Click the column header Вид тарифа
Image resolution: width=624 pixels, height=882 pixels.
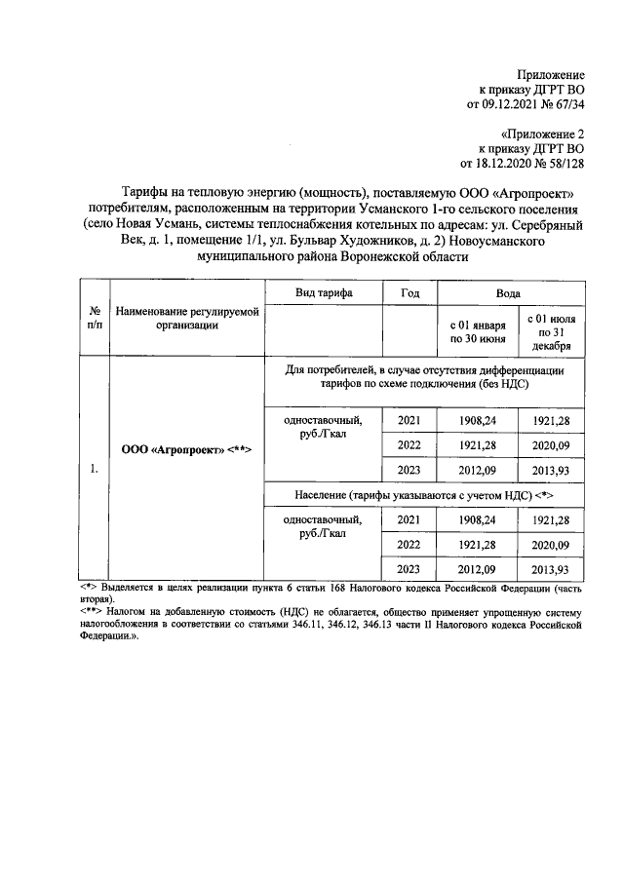point(324,292)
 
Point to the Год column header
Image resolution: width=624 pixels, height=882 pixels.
point(409,292)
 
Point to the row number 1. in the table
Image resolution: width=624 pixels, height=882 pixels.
point(94,469)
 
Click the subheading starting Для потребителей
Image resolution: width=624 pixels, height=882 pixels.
point(424,377)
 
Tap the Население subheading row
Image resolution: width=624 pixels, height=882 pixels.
point(424,495)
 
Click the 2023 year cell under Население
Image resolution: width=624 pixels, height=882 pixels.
point(409,568)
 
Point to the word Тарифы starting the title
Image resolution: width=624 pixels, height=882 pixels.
point(146,191)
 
